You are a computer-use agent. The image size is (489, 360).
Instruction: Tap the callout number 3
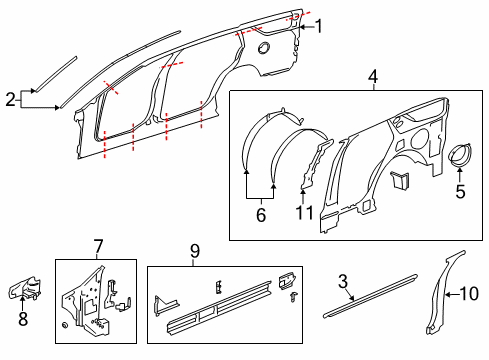pos(343,283)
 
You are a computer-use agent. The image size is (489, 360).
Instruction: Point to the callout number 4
pos(372,76)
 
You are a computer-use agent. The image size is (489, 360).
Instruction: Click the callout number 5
pos(460,191)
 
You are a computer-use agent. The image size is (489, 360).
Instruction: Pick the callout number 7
pos(98,246)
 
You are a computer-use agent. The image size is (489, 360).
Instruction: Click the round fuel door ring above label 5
pos(460,157)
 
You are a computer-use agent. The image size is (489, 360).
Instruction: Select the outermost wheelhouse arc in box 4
pos(250,150)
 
